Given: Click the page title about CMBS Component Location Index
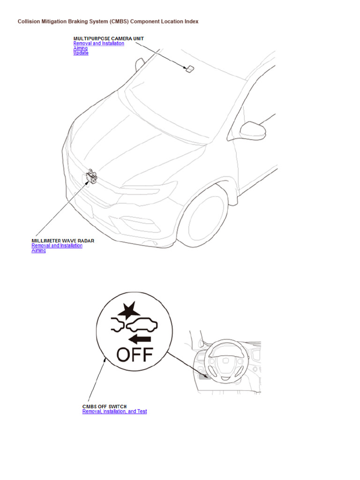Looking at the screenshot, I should pyautogui.click(x=108, y=22).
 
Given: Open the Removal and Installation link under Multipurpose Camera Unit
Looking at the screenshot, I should pyautogui.click(x=98, y=43).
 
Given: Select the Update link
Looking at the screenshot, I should pyautogui.click(x=81, y=53).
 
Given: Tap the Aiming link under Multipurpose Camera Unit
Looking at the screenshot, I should pyautogui.click(x=80, y=48).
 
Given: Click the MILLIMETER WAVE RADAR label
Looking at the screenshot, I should pyautogui.click(x=63, y=240).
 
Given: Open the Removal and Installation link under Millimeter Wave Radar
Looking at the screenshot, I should pyautogui.click(x=57, y=246).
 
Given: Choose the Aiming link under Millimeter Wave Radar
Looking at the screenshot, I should pyautogui.click(x=38, y=251).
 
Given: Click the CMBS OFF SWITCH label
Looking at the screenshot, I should pyautogui.click(x=105, y=406).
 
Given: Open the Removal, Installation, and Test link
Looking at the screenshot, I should pyautogui.click(x=114, y=412).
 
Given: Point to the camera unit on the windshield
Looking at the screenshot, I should pyautogui.click(x=189, y=69).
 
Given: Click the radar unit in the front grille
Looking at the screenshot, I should pyautogui.click(x=91, y=177).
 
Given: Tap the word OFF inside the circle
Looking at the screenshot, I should pyautogui.click(x=135, y=355).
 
